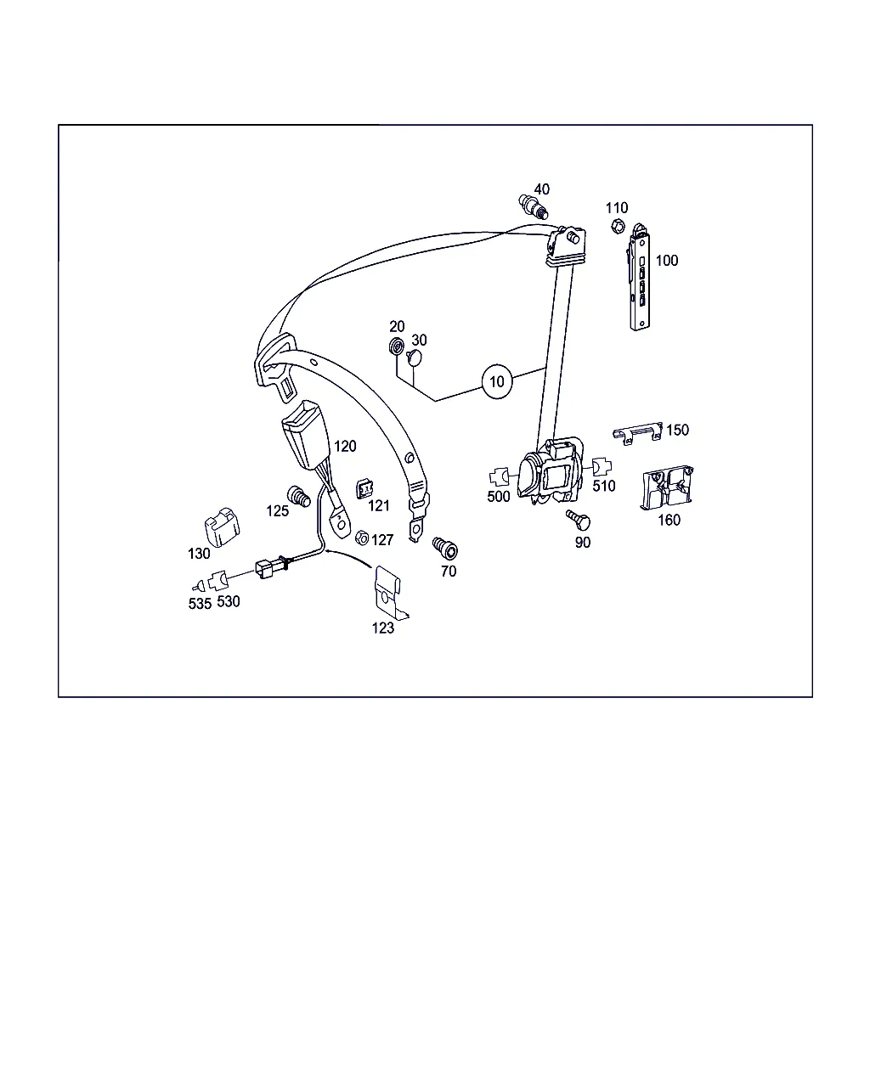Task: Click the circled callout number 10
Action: coord(496,381)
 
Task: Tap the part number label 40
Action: coord(541,189)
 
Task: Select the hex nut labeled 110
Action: coord(617,226)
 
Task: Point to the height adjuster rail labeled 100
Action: coord(639,278)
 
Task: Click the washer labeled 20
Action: coord(396,346)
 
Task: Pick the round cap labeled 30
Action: coord(415,358)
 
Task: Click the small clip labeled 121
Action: coord(364,489)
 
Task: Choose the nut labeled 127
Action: coord(362,538)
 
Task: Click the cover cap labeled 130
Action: coord(222,527)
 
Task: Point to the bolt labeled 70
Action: coord(445,549)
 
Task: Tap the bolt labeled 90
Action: coord(579,519)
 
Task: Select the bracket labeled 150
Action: coord(637,433)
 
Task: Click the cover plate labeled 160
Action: coord(667,487)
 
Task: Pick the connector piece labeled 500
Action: coord(499,476)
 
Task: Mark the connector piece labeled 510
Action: coord(602,466)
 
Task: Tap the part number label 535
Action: coord(200,604)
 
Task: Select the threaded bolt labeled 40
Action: coord(534,206)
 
